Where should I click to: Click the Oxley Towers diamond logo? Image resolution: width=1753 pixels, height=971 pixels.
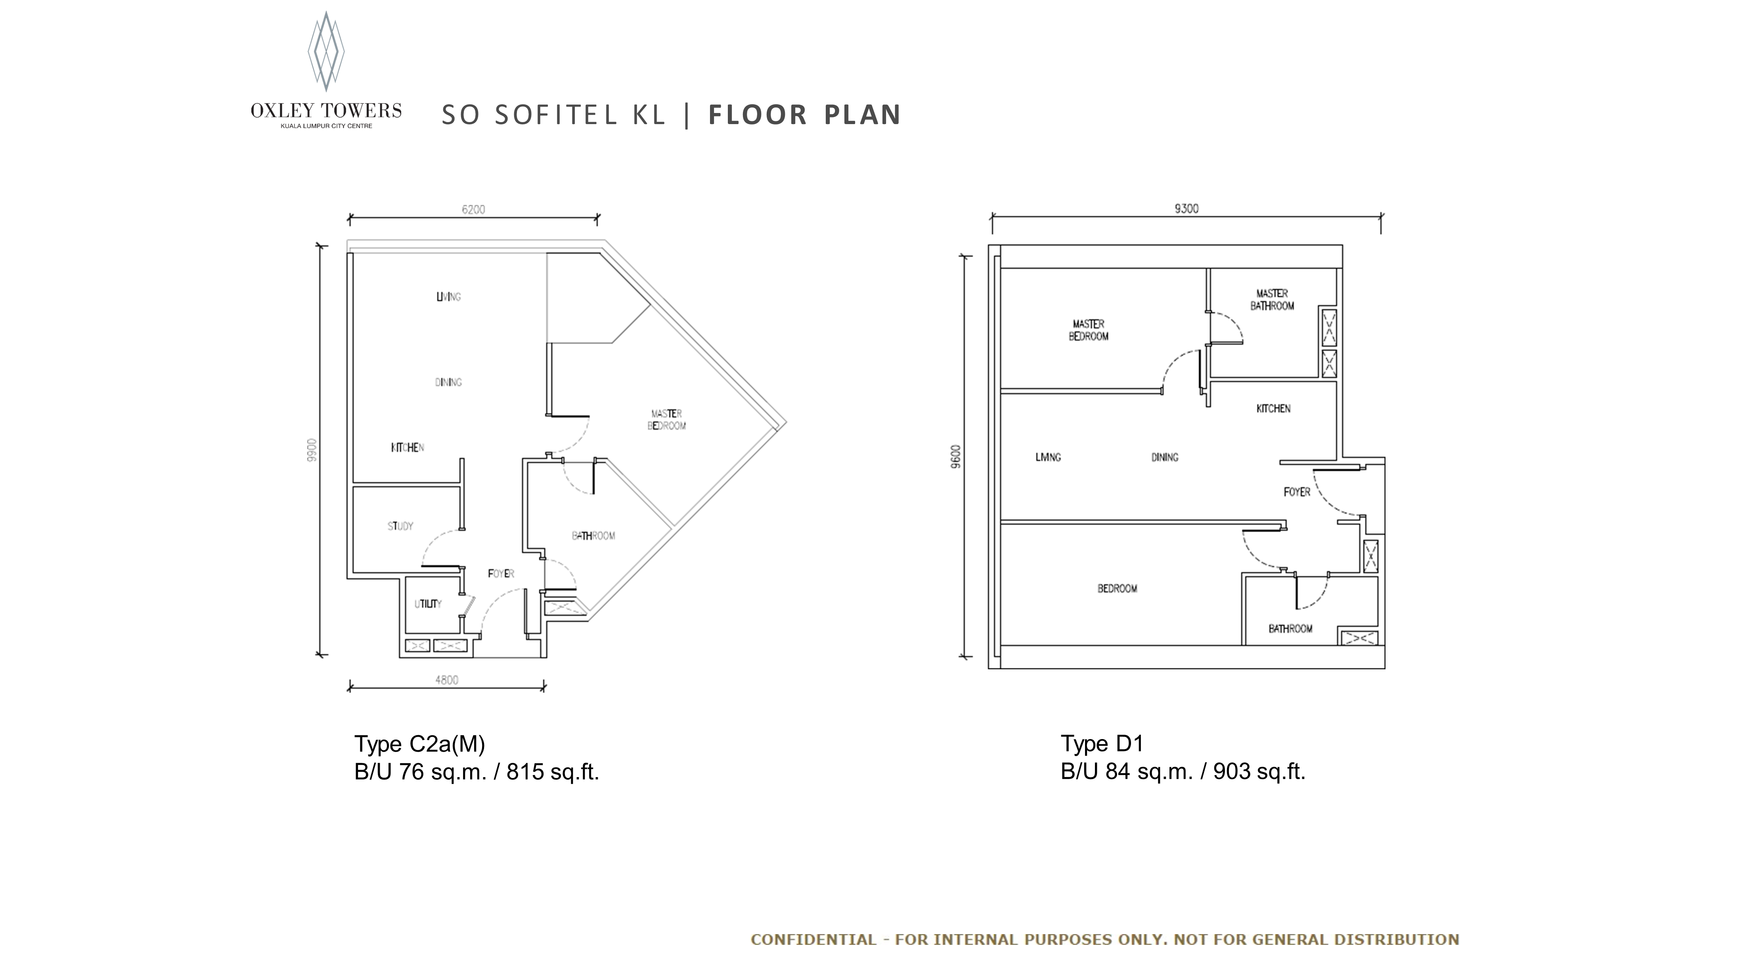tap(326, 51)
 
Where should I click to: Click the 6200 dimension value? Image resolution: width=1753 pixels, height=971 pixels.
tap(474, 210)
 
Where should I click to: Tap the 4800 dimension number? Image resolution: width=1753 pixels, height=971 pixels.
tap(446, 680)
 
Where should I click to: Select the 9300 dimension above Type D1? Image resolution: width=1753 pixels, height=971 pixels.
tap(1186, 209)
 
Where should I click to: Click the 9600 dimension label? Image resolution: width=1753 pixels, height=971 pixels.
tap(956, 457)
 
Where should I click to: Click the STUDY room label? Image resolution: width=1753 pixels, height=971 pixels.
tap(400, 526)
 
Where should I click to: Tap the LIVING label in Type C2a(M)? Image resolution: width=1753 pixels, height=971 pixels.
tap(448, 297)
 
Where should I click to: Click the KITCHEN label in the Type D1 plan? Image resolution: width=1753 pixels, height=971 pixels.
tap(1273, 408)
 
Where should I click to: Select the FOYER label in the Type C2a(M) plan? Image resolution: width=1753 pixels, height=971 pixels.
tap(501, 574)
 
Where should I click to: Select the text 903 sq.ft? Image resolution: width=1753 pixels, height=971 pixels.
tap(1259, 772)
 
